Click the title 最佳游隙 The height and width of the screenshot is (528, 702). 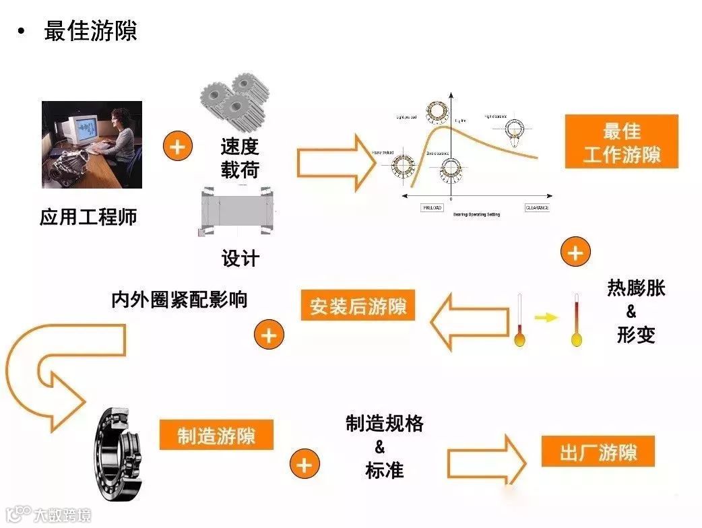[90, 31]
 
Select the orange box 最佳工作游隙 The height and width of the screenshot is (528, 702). [622, 142]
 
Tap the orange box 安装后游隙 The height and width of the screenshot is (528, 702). [358, 307]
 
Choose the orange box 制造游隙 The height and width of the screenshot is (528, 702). [216, 436]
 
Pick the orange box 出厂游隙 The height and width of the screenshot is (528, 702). [598, 451]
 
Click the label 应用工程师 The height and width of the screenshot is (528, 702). [88, 217]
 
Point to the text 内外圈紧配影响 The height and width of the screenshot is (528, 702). [179, 299]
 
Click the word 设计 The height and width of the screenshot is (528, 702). [240, 258]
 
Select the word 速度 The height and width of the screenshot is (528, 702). [239, 146]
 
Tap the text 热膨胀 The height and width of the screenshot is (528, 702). [636, 288]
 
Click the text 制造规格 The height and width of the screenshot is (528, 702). [385, 423]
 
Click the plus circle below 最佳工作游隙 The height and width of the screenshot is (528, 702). [575, 253]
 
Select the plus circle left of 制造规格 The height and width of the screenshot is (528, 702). [305, 465]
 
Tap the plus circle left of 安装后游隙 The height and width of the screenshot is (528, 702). [269, 335]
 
